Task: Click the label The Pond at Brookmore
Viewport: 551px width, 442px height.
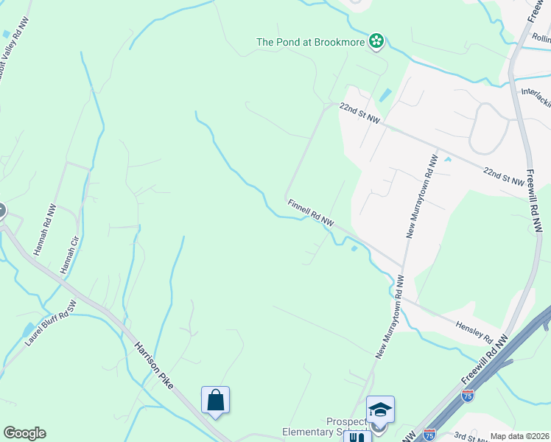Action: pos(310,42)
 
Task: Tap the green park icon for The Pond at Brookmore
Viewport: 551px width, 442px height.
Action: pos(376,41)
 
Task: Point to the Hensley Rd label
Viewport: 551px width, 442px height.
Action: pos(473,330)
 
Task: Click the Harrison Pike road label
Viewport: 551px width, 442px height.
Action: pos(158,362)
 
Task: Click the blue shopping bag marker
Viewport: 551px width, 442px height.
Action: pos(215,401)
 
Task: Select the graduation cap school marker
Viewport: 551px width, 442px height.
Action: pos(380,410)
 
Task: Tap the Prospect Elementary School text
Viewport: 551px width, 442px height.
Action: pos(325,427)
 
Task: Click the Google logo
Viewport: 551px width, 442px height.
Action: pos(24,433)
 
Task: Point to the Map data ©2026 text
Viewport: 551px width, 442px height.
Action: pos(519,436)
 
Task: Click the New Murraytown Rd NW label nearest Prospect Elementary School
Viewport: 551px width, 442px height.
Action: pos(390,317)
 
